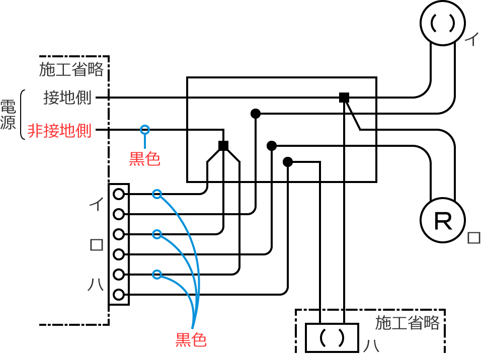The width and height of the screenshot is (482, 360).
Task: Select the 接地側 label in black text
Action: pyautogui.click(x=67, y=98)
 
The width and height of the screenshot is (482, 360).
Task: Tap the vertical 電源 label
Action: pyautogui.click(x=8, y=115)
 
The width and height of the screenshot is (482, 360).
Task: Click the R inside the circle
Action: pyautogui.click(x=443, y=222)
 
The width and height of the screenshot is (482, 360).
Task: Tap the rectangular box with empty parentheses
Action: pyautogui.click(x=332, y=338)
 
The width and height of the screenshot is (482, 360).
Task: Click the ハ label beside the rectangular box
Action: pyautogui.click(x=371, y=346)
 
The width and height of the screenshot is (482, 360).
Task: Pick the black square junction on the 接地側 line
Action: pyautogui.click(x=344, y=98)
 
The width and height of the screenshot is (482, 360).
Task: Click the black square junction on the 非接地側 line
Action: pyautogui.click(x=223, y=146)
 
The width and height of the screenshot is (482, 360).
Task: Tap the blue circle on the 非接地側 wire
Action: pyautogui.click(x=145, y=130)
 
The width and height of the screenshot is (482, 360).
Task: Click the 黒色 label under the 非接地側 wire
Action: pyautogui.click(x=145, y=159)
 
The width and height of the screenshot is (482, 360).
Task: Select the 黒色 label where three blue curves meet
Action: pyautogui.click(x=191, y=340)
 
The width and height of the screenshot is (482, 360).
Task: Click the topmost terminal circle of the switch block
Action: pyautogui.click(x=119, y=194)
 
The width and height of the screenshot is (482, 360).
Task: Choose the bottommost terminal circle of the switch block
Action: pyautogui.click(x=119, y=295)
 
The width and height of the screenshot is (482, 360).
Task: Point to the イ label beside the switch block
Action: pyautogui.click(x=96, y=204)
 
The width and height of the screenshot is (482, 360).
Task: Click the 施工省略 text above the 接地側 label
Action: pyautogui.click(x=71, y=69)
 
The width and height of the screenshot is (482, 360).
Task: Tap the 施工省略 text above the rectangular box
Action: pyautogui.click(x=408, y=322)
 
